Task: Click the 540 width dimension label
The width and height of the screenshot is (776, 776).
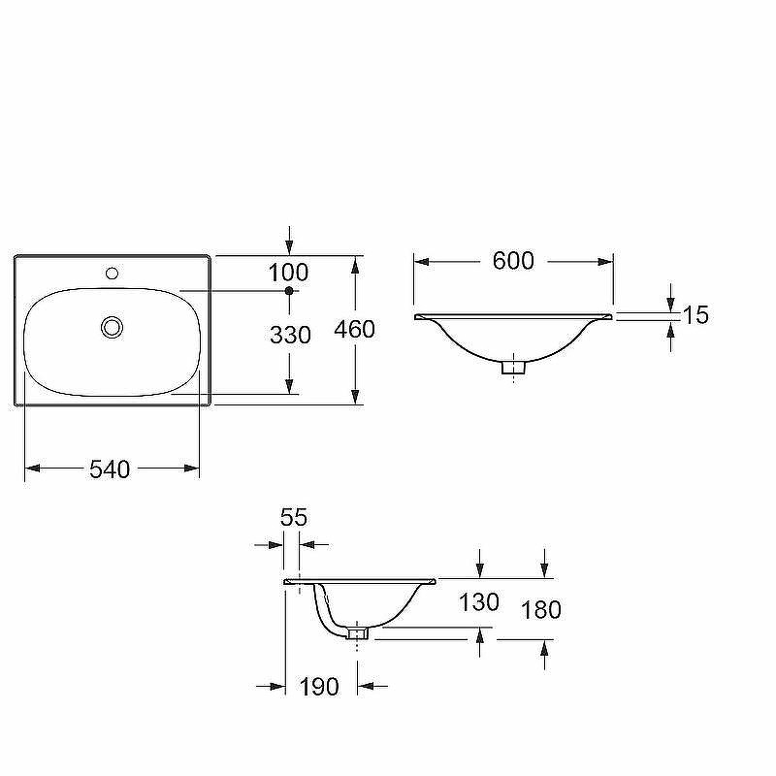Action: click(x=110, y=469)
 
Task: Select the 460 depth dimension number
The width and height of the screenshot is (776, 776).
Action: click(x=354, y=329)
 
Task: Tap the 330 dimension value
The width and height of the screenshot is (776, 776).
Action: click(x=290, y=335)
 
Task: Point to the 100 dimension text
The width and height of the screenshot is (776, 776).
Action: click(x=288, y=273)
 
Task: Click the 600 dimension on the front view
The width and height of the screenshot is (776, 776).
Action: click(x=513, y=261)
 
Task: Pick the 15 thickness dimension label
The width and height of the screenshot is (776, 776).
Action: click(x=695, y=314)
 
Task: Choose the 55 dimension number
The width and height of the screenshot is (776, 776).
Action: click(x=294, y=518)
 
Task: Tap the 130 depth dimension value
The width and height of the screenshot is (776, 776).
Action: click(x=478, y=602)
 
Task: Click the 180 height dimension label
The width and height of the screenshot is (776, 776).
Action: click(x=541, y=610)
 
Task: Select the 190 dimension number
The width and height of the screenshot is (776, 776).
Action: click(x=319, y=687)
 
